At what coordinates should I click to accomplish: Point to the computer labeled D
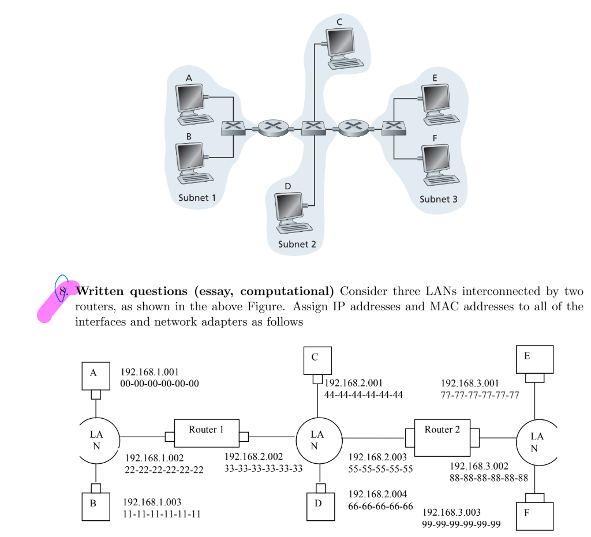[x=291, y=211]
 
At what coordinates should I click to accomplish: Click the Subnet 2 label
[x=297, y=244]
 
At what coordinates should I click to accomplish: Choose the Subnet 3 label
[x=438, y=200]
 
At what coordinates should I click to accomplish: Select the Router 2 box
[x=442, y=437]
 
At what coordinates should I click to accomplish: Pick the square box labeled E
[x=534, y=359]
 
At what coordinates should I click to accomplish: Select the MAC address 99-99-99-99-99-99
[x=462, y=524]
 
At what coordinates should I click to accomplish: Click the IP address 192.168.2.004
[x=377, y=494]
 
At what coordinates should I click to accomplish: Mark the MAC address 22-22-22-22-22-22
[x=164, y=470]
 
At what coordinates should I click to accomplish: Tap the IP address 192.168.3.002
[x=478, y=466]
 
